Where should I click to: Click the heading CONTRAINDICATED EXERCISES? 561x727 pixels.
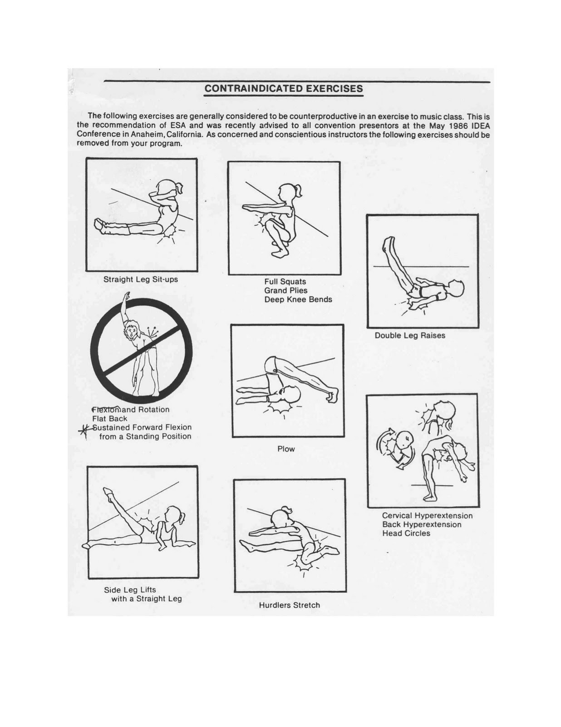tap(283, 89)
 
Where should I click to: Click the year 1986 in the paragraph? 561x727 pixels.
tap(451, 125)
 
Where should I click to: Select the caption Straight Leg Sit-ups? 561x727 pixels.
tap(141, 279)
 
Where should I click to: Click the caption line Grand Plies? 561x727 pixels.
tap(285, 290)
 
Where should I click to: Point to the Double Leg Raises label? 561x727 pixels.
tap(409, 335)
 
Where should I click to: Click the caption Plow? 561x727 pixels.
tap(286, 449)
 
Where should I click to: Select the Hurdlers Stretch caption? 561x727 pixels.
tap(289, 605)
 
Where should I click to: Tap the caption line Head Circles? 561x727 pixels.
tap(406, 533)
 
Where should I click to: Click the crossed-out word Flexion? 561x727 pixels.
tap(106, 409)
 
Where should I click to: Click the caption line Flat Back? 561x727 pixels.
tap(109, 418)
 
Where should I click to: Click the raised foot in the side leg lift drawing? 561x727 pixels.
tap(108, 493)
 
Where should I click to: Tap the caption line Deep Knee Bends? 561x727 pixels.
tap(298, 299)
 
